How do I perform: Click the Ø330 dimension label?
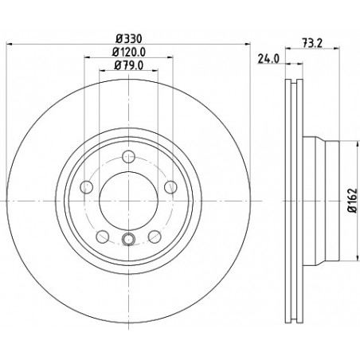129,39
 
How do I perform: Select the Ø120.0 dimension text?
129,52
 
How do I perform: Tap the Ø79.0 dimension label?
129,65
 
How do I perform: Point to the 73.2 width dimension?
312,43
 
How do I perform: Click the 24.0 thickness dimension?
268,59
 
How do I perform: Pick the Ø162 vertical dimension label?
353,200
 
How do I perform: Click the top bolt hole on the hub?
129,157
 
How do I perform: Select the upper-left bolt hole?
86,187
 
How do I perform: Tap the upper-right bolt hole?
170,187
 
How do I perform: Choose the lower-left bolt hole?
103,237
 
